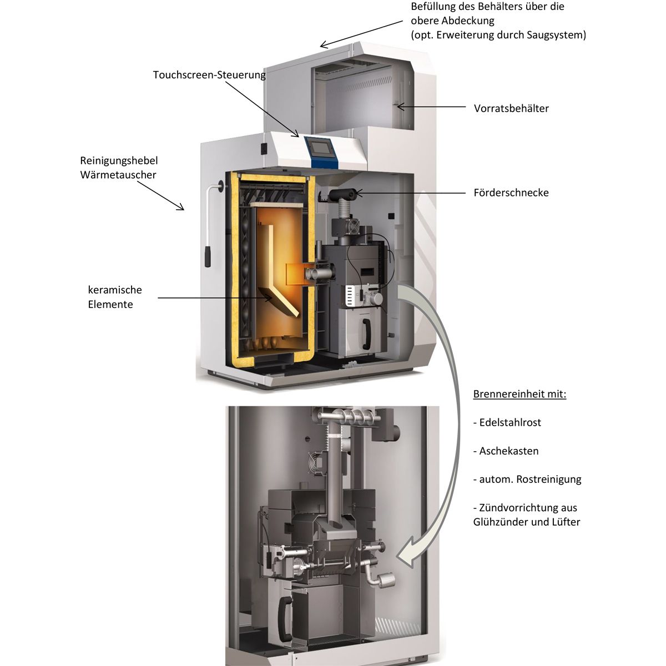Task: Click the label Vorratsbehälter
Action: click(x=511, y=108)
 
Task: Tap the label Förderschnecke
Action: click(x=511, y=193)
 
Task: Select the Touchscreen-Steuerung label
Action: click(x=209, y=74)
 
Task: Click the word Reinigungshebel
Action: click(x=119, y=160)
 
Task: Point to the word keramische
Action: click(x=115, y=290)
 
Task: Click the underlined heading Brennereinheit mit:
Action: click(x=519, y=395)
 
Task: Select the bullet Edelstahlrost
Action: click(x=510, y=422)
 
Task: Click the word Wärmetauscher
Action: click(x=118, y=175)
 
